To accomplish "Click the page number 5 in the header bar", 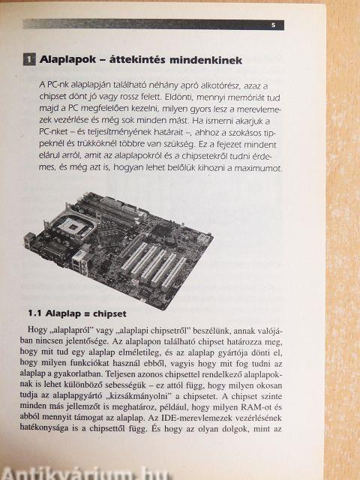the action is pyautogui.click(x=273, y=25).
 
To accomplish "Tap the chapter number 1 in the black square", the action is pyautogui.click(x=29, y=59).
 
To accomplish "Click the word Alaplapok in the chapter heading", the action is pyautogui.click(x=67, y=60).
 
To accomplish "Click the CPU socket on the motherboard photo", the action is pyautogui.click(x=73, y=226).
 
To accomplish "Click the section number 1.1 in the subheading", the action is pyautogui.click(x=34, y=313).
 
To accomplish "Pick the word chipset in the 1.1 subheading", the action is pyautogui.click(x=109, y=314).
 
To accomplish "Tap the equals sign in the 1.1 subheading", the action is pyautogui.click(x=87, y=314).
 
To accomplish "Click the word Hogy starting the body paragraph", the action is pyautogui.click(x=34, y=330).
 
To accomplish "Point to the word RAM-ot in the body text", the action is pyautogui.click(x=256, y=407).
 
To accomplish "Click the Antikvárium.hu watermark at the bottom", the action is pyautogui.click(x=85, y=473).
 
